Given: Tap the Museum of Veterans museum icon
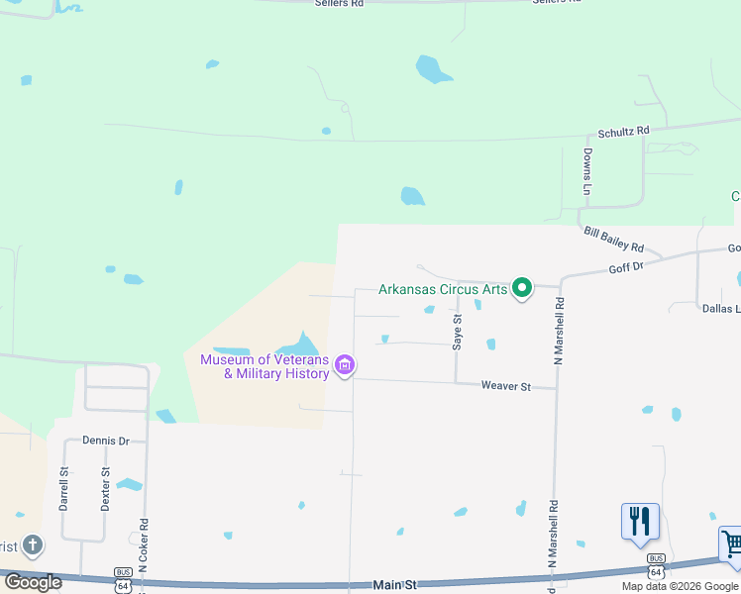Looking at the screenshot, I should click(x=345, y=365).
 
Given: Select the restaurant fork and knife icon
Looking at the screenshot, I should click(x=640, y=520).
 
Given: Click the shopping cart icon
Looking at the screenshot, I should click(x=731, y=544).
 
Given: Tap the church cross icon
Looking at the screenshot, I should click(x=33, y=545).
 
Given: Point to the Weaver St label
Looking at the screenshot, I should click(x=505, y=385).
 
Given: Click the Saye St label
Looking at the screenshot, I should click(x=458, y=332).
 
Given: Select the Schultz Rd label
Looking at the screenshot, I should click(x=623, y=131).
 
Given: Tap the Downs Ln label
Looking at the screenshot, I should click(x=587, y=171).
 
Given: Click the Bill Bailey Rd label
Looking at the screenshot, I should click(x=614, y=240).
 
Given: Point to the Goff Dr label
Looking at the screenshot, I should click(x=626, y=267).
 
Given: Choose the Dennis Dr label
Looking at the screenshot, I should click(x=106, y=441).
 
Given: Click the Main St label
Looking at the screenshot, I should click(x=394, y=585).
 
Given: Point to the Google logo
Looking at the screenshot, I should click(x=33, y=582).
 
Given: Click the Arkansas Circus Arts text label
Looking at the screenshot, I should click(x=443, y=290).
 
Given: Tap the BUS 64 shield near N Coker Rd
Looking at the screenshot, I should click(x=124, y=579).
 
